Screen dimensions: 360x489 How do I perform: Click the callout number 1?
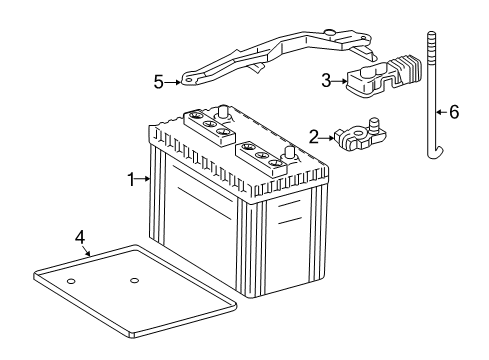point(130,180)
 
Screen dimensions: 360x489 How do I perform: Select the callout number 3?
point(325,79)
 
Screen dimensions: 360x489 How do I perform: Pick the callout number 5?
point(158,82)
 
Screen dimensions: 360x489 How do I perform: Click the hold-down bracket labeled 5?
point(270,63)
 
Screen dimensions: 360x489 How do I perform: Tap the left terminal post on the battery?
point(226,113)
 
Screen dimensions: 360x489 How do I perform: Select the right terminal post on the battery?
point(290,153)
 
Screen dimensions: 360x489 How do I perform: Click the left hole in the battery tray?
point(71,282)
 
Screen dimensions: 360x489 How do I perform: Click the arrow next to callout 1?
point(144,180)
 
